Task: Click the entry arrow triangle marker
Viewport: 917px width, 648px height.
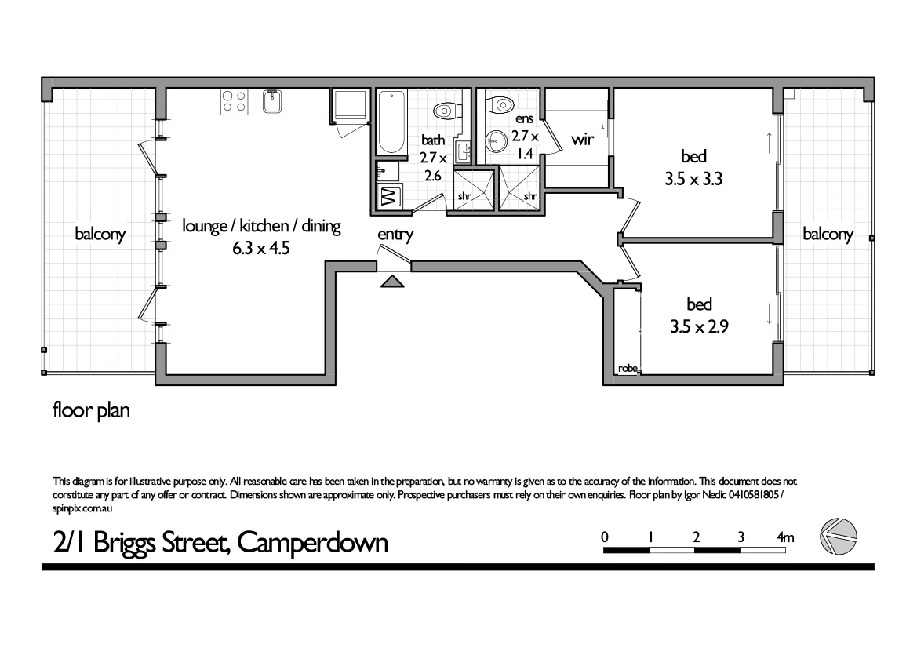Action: coord(392,282)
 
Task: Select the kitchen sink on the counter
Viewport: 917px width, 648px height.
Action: coord(272,101)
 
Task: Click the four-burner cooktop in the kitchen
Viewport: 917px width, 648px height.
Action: coord(234,101)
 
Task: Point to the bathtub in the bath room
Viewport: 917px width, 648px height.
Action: coord(390,122)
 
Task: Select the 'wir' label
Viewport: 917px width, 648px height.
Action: coord(582,140)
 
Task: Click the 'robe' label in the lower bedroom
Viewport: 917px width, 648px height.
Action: coord(627,368)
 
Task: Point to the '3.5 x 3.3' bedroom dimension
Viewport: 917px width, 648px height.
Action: coord(693,178)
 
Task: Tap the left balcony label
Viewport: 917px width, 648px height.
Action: coord(100,234)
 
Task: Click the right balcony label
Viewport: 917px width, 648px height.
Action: coord(828,234)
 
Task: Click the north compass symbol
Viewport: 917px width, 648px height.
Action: coord(837,537)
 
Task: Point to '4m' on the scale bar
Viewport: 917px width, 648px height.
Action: coord(784,537)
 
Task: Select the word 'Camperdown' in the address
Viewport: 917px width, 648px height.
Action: coord(312,542)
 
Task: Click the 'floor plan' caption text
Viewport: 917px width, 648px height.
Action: coord(90,410)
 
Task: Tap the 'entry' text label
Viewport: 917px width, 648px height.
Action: coord(395,234)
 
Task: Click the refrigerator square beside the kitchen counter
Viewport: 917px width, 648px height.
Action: coord(350,105)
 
